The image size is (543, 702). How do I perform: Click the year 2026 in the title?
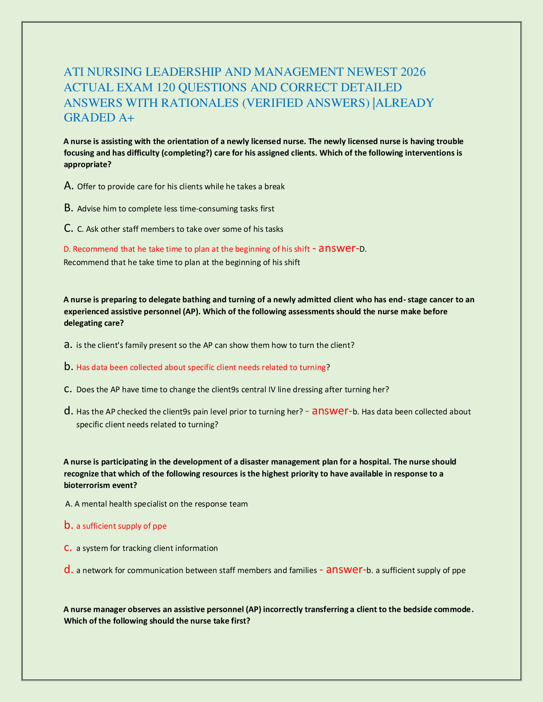[x=413, y=72]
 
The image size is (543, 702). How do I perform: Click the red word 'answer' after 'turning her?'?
[x=330, y=411]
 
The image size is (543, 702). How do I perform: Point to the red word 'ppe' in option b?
[x=160, y=526]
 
